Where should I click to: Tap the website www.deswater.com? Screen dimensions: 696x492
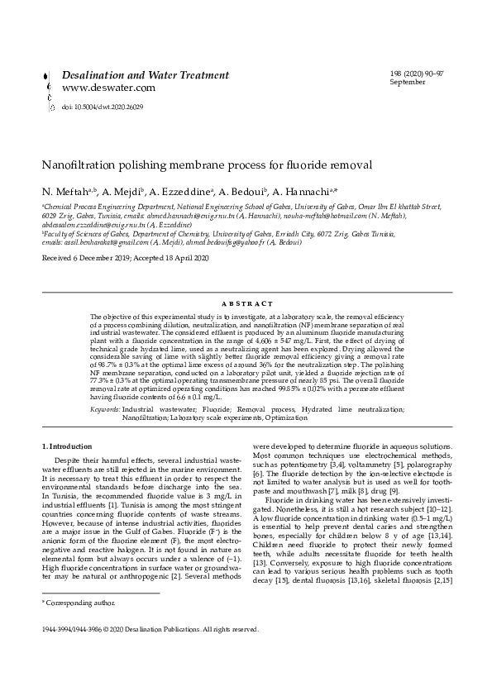pyautogui.click(x=108, y=88)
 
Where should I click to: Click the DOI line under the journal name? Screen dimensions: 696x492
pyautogui.click(x=103, y=107)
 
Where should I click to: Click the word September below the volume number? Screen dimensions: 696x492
pyautogui.click(x=408, y=82)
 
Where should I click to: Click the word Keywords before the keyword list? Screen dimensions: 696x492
pyautogui.click(x=104, y=409)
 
